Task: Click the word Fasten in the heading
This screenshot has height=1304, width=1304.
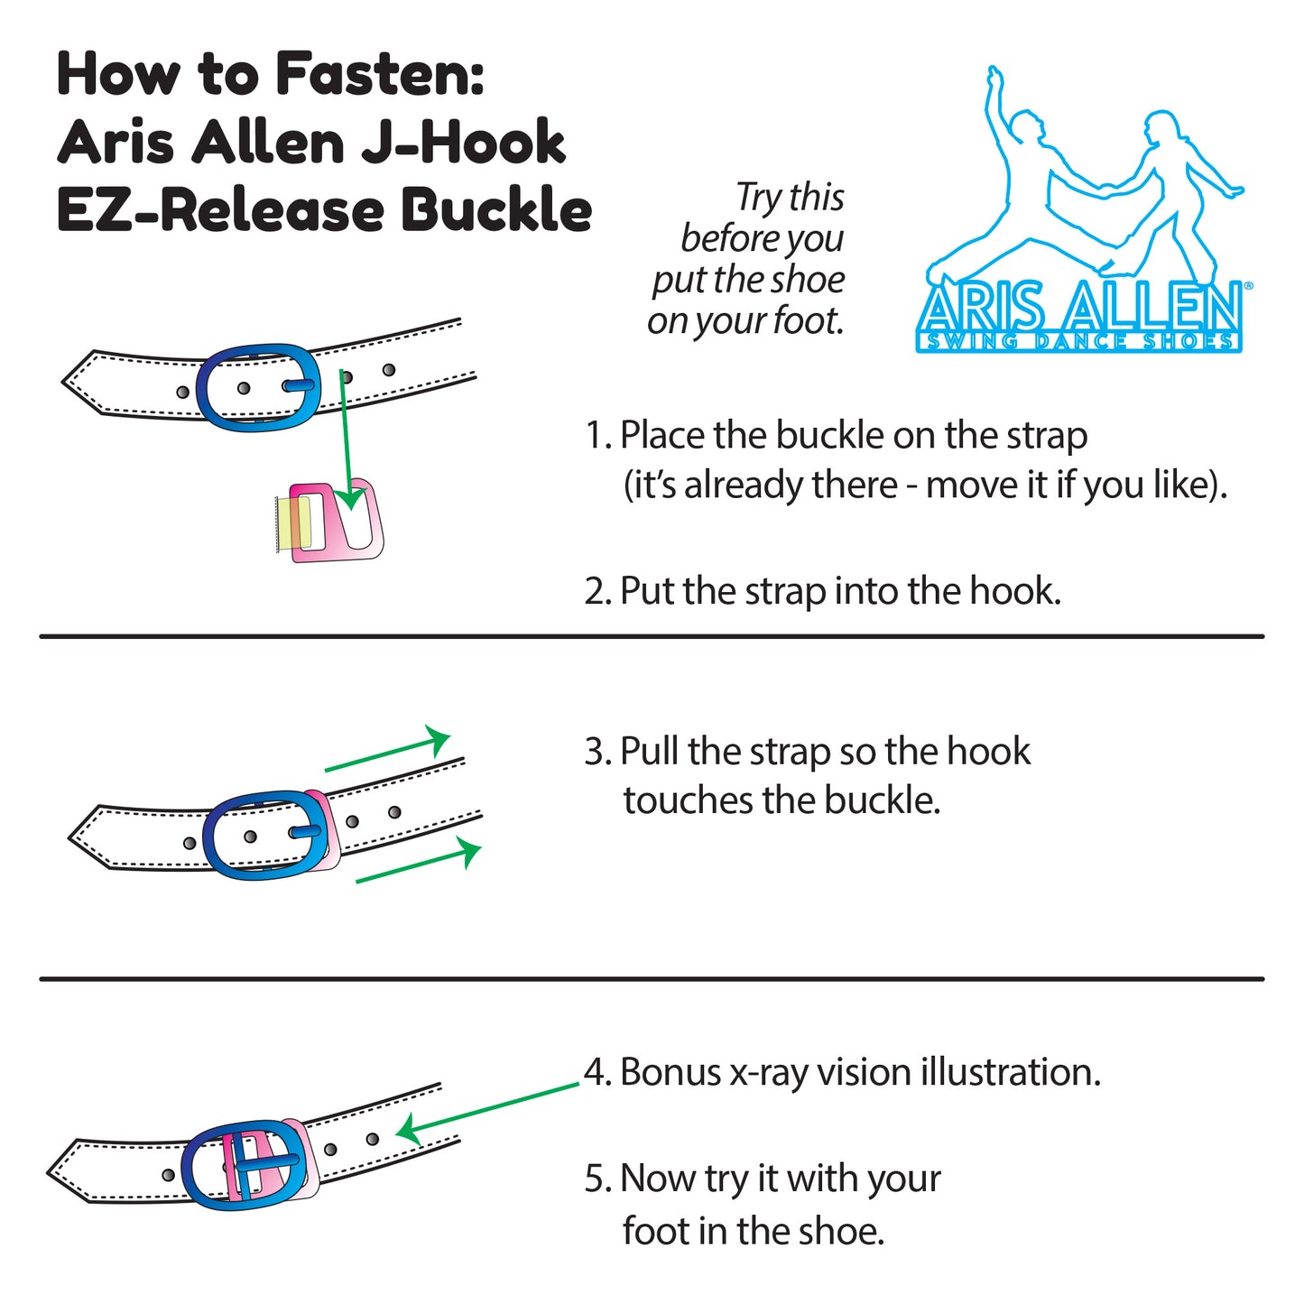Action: pyautogui.click(x=380, y=73)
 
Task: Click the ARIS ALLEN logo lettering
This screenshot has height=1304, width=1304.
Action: pyautogui.click(x=1079, y=309)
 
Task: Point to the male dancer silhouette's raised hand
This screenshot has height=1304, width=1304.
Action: pyautogui.click(x=992, y=73)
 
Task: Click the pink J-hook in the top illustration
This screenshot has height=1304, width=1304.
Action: pyautogui.click(x=337, y=520)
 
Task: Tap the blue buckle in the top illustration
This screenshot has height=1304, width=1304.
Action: pyautogui.click(x=259, y=387)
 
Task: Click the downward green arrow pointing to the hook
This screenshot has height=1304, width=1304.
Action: pyautogui.click(x=347, y=439)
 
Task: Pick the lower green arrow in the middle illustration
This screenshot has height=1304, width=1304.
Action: pyautogui.click(x=419, y=860)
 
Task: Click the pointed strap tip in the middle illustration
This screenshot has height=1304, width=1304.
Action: pyautogui.click(x=70, y=837)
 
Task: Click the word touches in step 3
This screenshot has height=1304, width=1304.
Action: pyautogui.click(x=688, y=800)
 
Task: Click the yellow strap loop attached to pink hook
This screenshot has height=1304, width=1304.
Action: pyautogui.click(x=293, y=523)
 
